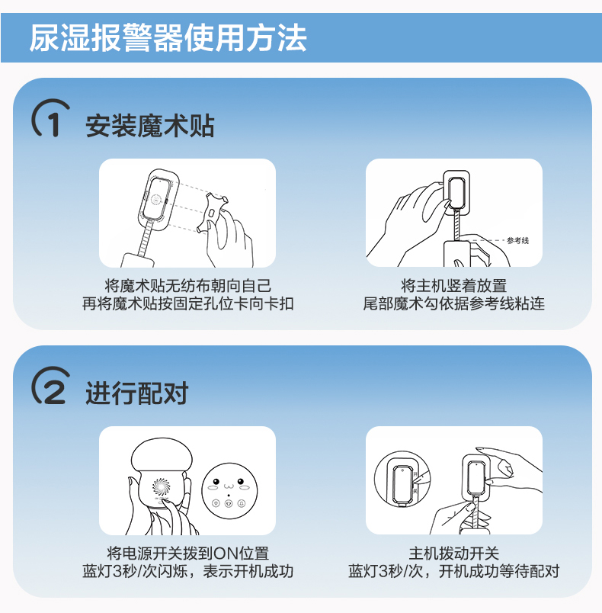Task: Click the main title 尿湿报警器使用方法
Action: [168, 38]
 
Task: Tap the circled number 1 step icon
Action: [51, 118]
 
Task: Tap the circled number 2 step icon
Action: [51, 386]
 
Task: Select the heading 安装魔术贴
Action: [149, 126]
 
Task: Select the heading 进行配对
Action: [136, 393]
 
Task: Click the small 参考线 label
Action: [517, 240]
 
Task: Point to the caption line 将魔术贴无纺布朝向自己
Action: [187, 286]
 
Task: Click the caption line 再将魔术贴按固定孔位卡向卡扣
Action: [187, 303]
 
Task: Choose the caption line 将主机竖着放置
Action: [454, 286]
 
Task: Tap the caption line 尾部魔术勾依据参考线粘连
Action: [454, 303]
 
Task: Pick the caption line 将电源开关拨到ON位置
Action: [188, 554]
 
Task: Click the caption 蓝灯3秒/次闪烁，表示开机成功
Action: [187, 571]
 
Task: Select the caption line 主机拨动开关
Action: [454, 554]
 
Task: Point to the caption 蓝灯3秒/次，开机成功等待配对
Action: [454, 571]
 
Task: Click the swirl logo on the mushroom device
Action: [161, 486]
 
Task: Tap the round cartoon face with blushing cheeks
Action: [229, 491]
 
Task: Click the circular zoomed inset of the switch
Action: [402, 479]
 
